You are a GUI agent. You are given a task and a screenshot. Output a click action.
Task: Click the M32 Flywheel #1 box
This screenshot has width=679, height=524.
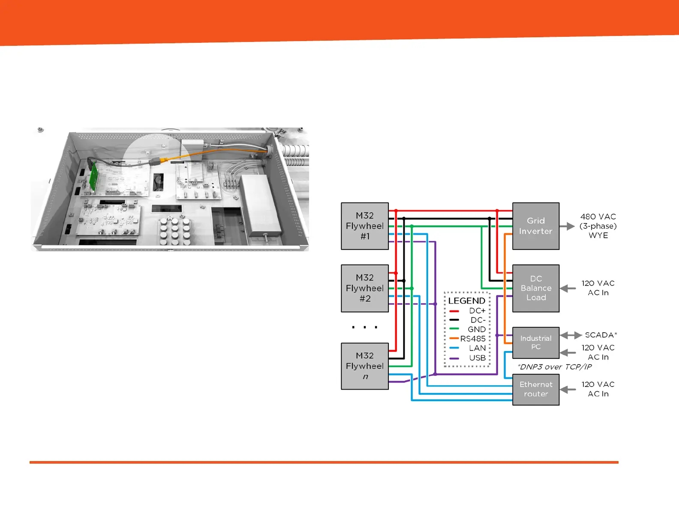[365, 226]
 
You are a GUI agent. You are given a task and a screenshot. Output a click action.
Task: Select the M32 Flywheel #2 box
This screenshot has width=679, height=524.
[365, 288]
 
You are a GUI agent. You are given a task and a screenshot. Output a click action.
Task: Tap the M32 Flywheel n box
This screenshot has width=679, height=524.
[365, 366]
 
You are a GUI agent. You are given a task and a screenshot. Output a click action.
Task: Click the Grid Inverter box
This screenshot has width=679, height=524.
[536, 226]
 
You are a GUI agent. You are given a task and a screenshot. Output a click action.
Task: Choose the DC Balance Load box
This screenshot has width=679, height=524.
[536, 288]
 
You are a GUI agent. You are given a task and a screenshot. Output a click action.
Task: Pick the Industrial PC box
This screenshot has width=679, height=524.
[536, 342]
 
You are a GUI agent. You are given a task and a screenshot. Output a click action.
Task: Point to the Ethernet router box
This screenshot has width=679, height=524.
[536, 389]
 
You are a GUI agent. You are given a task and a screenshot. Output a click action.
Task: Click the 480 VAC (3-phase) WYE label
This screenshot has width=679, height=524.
[598, 226]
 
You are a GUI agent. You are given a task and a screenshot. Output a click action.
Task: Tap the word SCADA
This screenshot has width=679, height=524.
[599, 335]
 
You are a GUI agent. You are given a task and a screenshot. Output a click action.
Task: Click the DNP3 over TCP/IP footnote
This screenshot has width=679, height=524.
[555, 367]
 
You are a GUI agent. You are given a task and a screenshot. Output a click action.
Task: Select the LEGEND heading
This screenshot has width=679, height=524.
[467, 301]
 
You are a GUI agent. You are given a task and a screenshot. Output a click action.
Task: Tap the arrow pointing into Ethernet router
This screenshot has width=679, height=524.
[568, 389]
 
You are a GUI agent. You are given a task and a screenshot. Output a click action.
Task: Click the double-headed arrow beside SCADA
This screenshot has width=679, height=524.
[571, 335]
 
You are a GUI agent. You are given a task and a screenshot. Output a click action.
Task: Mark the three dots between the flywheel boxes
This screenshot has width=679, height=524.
[364, 327]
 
